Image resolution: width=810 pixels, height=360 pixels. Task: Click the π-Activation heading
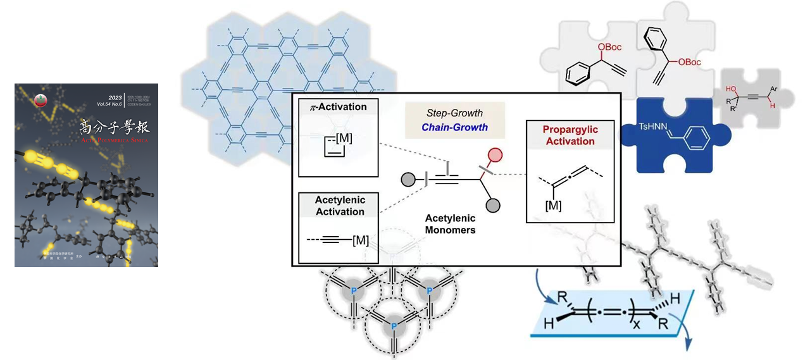pyautogui.click(x=338, y=107)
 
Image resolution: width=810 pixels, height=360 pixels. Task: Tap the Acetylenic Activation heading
pyautogui.click(x=340, y=206)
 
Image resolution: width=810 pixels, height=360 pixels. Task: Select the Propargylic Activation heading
pyautogui.click(x=571, y=135)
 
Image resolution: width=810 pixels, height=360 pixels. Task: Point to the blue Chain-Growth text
pyautogui.click(x=456, y=127)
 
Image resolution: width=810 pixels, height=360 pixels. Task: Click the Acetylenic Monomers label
pyautogui.click(x=450, y=223)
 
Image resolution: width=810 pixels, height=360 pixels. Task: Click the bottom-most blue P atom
pyautogui.click(x=394, y=325)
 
